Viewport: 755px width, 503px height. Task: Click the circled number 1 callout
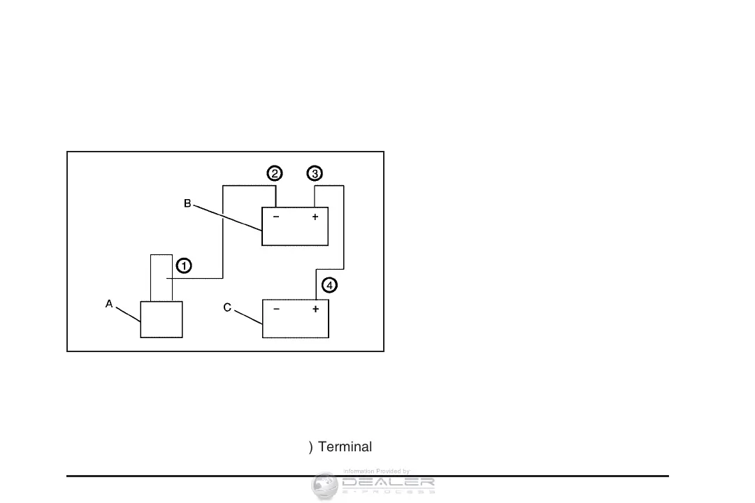[183, 265]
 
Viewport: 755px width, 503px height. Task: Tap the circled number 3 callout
[315, 173]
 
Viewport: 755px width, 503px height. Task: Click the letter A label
[109, 304]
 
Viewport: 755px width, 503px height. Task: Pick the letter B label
[187, 203]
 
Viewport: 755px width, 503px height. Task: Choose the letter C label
[227, 309]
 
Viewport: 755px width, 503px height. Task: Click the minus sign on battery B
[276, 217]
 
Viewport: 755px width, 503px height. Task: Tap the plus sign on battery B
[315, 217]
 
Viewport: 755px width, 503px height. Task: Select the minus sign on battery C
[277, 309]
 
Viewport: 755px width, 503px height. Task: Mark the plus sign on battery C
[315, 309]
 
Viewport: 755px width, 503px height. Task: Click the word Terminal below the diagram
[345, 447]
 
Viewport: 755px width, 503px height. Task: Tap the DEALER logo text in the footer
[388, 482]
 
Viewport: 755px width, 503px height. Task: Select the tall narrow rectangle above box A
[161, 278]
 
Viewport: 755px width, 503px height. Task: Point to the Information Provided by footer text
[376, 472]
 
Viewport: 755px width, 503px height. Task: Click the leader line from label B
[227, 218]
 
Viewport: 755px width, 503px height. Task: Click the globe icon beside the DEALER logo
[324, 485]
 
